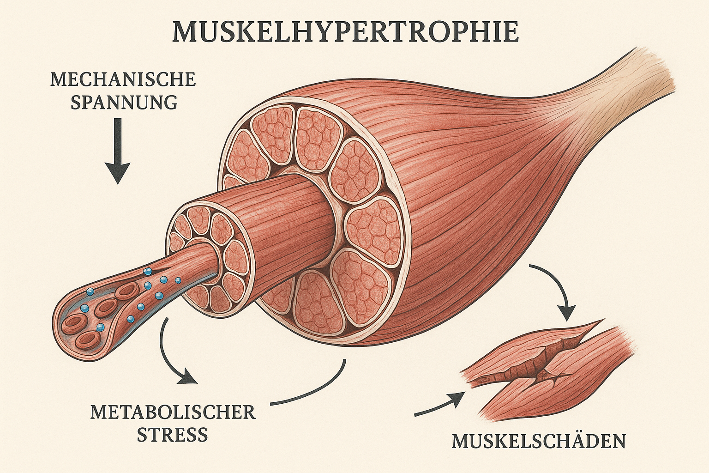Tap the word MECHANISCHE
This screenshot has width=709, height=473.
tap(123, 79)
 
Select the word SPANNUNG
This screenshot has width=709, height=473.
tap(124, 102)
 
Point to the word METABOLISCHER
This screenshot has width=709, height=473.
tap(173, 412)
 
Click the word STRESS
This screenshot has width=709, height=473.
tap(173, 435)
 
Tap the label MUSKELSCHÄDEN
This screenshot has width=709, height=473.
tap(539, 441)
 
